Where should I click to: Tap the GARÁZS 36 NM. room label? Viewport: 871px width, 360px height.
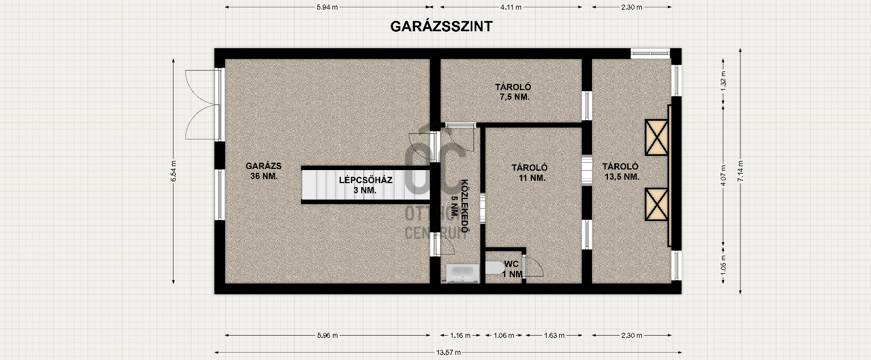click(x=264, y=171)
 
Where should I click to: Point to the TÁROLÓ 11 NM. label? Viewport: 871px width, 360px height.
click(x=528, y=172)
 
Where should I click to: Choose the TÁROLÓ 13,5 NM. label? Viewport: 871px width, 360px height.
click(x=621, y=171)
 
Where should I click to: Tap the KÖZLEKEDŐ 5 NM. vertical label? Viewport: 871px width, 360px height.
click(x=459, y=207)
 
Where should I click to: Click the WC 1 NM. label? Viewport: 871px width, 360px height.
click(x=512, y=269)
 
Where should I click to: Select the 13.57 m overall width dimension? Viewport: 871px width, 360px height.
click(x=449, y=352)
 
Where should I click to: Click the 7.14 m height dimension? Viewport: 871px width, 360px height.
click(x=740, y=171)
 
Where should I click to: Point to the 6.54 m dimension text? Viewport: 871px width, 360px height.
click(x=174, y=171)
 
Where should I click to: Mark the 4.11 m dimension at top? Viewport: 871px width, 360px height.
click(x=511, y=7)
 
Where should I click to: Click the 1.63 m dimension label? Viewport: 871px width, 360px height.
click(x=553, y=335)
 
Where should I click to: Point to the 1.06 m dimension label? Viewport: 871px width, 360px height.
click(x=504, y=335)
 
